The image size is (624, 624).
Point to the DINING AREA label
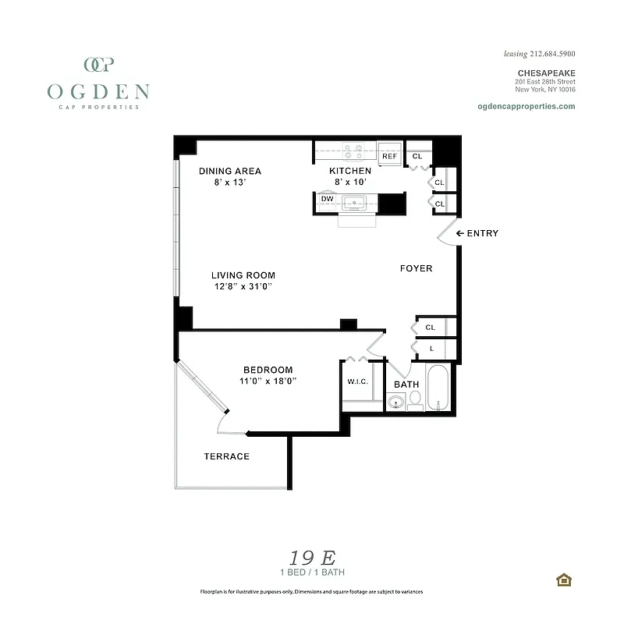[x=230, y=171]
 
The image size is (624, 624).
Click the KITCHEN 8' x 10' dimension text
[x=350, y=182]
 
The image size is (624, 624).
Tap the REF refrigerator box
[x=389, y=156]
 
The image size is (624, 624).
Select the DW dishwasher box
[x=328, y=199]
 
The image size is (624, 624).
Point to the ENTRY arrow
[x=461, y=233]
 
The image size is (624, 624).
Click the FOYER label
[x=416, y=268]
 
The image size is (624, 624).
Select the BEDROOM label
[x=268, y=370]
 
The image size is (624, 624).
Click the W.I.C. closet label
[x=358, y=381]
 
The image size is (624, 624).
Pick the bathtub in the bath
[x=438, y=388]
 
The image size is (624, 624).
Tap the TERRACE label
[x=227, y=456]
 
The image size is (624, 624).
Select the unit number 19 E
[x=312, y=558]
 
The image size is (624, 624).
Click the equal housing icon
[x=563, y=580]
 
